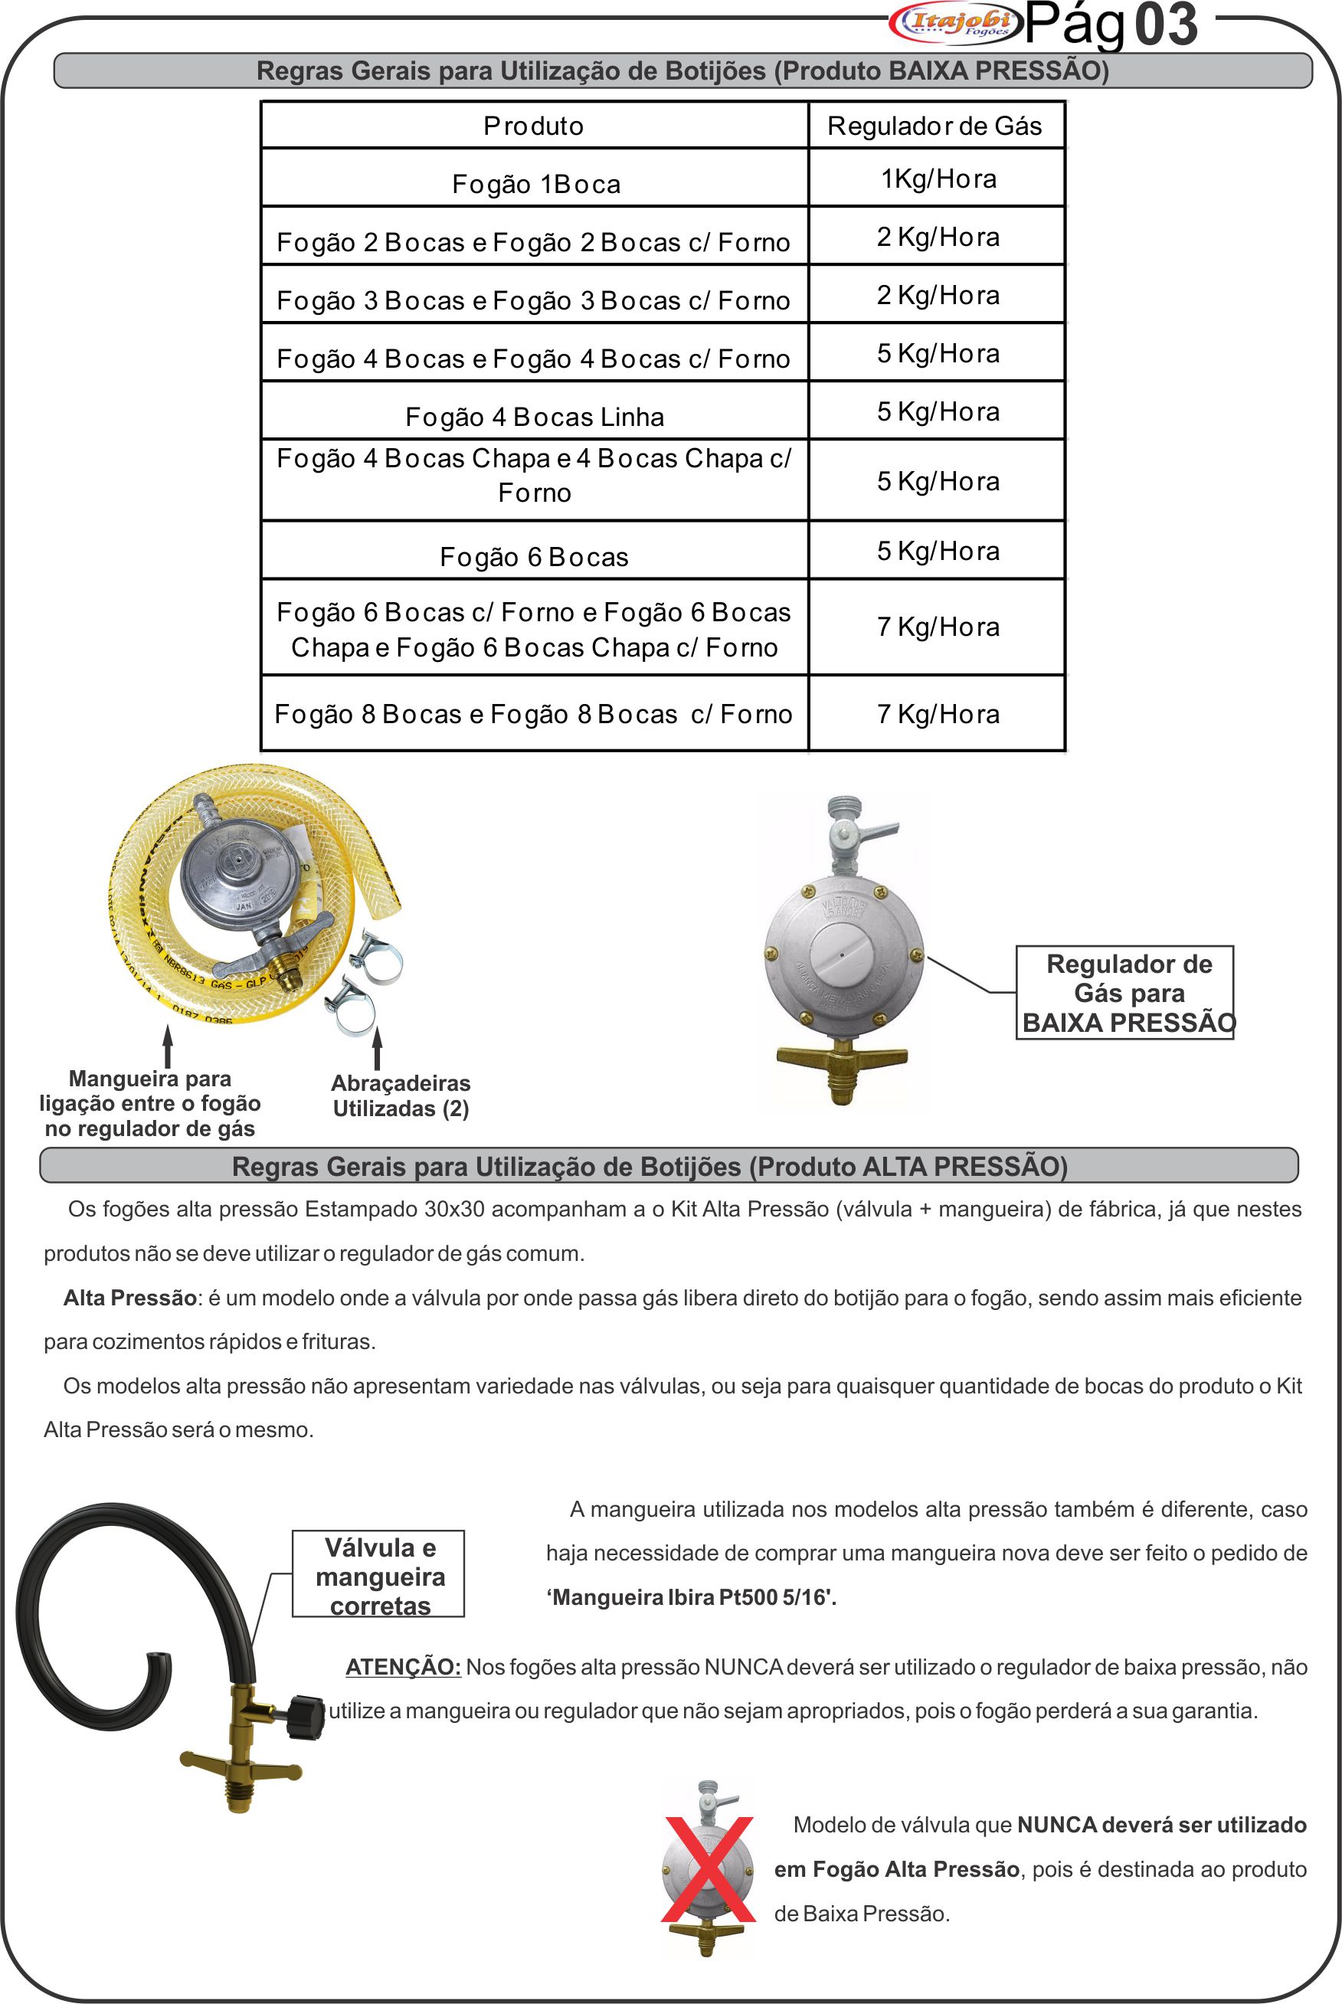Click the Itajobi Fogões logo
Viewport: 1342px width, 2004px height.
click(955, 23)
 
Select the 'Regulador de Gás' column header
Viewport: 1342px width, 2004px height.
click(934, 126)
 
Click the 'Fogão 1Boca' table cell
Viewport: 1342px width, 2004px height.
click(535, 183)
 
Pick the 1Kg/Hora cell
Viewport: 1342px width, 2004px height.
click(938, 178)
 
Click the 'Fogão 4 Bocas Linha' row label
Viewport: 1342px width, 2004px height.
click(535, 416)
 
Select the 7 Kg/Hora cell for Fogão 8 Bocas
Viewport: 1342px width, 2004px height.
click(938, 714)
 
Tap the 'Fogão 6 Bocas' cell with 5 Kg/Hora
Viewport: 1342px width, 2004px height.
click(535, 556)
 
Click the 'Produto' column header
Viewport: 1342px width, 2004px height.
click(534, 126)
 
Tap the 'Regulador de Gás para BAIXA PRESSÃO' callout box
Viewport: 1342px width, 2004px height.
click(1124, 993)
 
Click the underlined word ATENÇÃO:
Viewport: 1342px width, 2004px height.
click(403, 1667)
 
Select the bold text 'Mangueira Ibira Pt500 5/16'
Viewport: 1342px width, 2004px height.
click(692, 1597)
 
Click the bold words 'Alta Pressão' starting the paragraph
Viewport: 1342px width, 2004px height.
click(130, 1297)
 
